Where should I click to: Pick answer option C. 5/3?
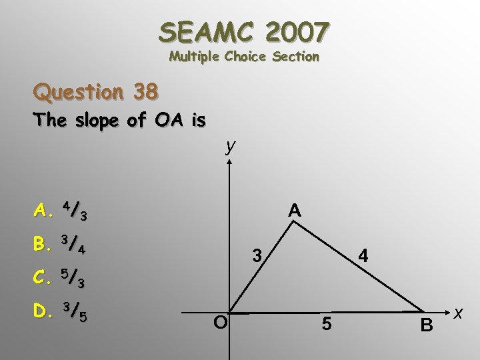tap(61, 279)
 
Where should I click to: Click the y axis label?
tap(230, 146)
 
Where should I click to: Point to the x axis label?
tap(459, 312)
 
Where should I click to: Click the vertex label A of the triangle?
tap(294, 211)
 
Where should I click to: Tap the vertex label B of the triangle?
tap(427, 326)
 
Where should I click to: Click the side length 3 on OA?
tap(255, 255)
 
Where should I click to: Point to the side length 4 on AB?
tap(362, 255)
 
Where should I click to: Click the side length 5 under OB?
tap(327, 325)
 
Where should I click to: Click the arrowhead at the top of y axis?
tap(229, 163)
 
